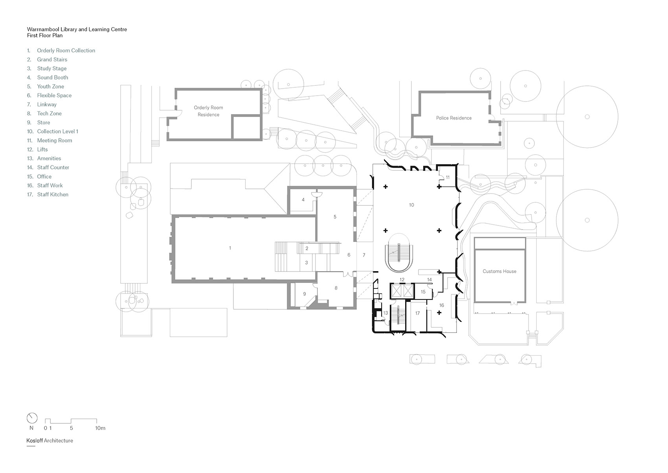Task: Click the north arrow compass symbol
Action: click(x=32, y=418)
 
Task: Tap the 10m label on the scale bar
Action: click(x=100, y=428)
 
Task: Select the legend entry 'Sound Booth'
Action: click(x=53, y=78)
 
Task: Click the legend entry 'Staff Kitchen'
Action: click(x=53, y=194)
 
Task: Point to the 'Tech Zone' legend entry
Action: click(x=49, y=113)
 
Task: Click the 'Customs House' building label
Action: click(x=499, y=271)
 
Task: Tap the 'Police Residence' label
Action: click(x=454, y=118)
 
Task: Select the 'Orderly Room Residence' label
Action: click(x=208, y=111)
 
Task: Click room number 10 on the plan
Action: click(x=411, y=205)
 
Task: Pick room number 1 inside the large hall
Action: click(x=230, y=248)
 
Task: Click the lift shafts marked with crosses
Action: click(x=402, y=291)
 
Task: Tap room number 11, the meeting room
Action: click(x=448, y=177)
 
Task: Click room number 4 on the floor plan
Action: click(x=303, y=200)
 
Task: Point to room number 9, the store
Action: click(x=305, y=294)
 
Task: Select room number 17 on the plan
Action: click(x=417, y=313)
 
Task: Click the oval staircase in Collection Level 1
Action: click(x=399, y=253)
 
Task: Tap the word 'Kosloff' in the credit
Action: click(x=35, y=440)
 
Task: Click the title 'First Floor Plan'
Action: click(x=45, y=35)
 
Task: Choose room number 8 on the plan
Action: click(x=336, y=288)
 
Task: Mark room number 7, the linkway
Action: click(x=364, y=255)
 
